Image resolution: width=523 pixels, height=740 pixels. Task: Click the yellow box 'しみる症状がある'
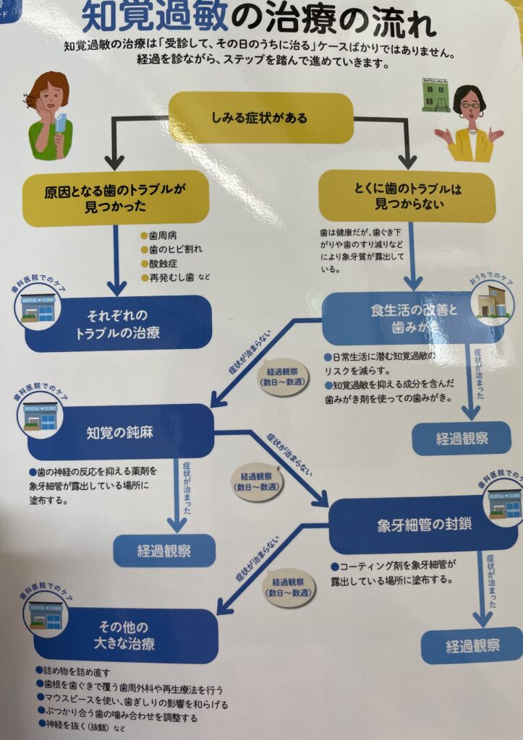point(260,118)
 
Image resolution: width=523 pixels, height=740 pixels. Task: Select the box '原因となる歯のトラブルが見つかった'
point(116,197)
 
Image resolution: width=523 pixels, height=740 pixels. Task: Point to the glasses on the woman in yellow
point(470,105)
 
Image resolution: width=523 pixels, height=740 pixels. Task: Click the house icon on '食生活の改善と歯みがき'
point(494,298)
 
